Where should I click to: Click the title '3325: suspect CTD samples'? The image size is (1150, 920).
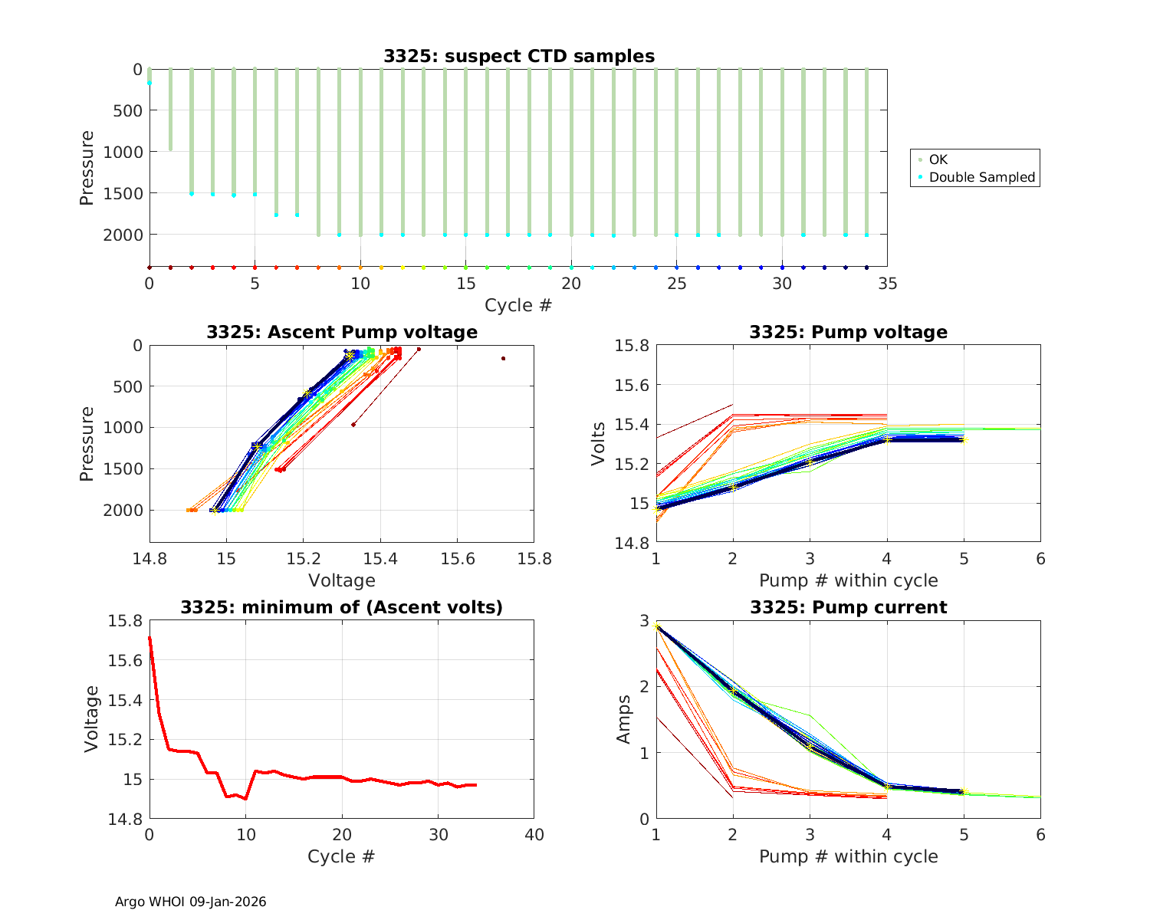point(519,56)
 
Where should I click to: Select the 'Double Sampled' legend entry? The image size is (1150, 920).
point(981,177)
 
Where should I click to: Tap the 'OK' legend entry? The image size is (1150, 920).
point(938,159)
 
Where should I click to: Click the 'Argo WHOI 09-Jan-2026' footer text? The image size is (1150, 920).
point(190,902)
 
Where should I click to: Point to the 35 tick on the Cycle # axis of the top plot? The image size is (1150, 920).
point(887,284)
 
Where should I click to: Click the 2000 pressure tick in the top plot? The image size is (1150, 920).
point(123,235)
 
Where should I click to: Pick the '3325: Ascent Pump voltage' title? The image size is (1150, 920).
point(342,332)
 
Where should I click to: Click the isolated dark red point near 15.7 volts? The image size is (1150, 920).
point(503,358)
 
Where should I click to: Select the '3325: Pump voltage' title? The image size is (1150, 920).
point(848,332)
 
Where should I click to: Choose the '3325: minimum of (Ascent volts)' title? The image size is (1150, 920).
point(342,607)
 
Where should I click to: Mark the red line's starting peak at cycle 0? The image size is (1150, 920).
point(149,637)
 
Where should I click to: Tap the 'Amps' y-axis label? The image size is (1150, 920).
point(625,718)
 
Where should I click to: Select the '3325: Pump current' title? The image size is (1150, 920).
point(848,607)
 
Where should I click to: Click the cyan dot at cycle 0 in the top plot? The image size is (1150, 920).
point(149,83)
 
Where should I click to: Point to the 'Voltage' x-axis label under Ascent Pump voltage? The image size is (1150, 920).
point(341,580)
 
